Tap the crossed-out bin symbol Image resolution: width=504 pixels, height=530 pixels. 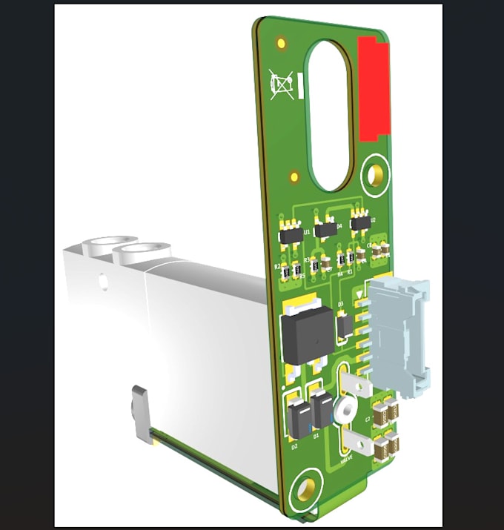pos(282,85)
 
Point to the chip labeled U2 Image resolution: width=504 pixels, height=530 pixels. pos(361,222)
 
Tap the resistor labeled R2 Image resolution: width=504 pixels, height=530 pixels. pos(286,273)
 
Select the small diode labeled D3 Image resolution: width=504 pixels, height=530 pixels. pos(343,325)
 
